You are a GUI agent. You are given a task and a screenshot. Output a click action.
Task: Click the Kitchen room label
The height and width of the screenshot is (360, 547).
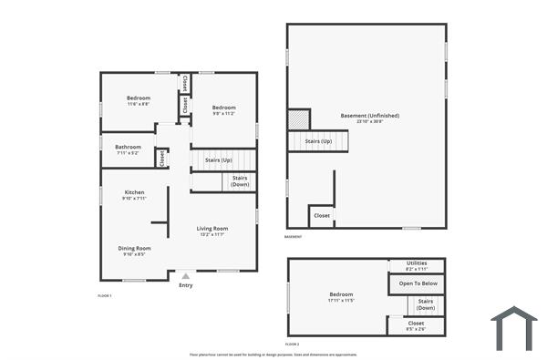tap(134, 192)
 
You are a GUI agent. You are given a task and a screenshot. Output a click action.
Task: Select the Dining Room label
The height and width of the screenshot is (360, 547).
tap(134, 248)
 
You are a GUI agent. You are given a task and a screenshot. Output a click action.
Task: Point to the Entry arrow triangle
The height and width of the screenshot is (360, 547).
tap(186, 275)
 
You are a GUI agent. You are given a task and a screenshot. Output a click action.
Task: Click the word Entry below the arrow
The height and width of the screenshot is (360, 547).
tap(186, 285)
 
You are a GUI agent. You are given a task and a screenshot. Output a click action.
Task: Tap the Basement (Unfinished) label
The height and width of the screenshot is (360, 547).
tap(369, 116)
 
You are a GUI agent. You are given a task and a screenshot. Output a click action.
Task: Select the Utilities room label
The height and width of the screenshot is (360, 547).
tap(416, 262)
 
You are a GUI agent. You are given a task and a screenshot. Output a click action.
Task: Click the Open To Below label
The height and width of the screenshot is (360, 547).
tap(418, 283)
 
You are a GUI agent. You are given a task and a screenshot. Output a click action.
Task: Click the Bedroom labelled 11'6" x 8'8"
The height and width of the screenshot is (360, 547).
tap(139, 98)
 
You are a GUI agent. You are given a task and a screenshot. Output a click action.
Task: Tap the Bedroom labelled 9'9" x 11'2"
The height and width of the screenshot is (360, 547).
tap(223, 107)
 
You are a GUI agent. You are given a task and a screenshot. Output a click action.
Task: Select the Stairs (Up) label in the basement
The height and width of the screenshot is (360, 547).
tap(318, 141)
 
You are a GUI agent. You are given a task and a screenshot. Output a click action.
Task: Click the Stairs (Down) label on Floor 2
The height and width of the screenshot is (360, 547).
tap(425, 303)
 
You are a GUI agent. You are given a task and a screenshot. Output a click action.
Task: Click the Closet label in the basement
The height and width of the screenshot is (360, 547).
tap(322, 216)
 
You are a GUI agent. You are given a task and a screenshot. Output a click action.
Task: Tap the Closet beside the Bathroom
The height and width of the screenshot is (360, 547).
tap(162, 158)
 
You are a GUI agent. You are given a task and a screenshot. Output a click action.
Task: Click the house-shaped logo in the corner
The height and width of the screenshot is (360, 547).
tap(513, 328)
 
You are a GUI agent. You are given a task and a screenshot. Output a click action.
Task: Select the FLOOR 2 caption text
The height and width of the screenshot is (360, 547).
tap(292, 344)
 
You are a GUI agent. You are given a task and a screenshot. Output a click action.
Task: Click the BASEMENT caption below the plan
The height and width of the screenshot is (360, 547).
tap(293, 237)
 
